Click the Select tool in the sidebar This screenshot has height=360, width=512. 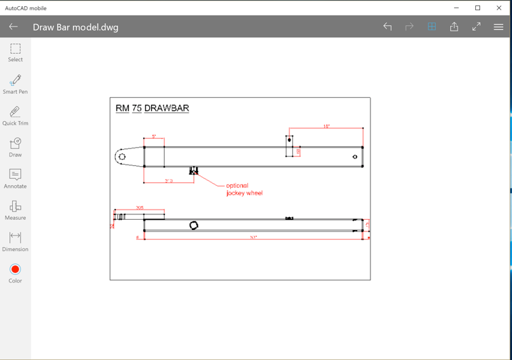tap(15, 52)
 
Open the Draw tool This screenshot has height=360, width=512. tap(15, 146)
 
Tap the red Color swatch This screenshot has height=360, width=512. tap(15, 269)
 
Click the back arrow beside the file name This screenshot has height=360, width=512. tap(14, 27)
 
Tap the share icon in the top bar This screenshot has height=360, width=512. tap(454, 27)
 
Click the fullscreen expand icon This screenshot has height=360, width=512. tap(477, 27)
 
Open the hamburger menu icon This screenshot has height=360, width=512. tap(498, 27)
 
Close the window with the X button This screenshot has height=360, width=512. tap(499, 8)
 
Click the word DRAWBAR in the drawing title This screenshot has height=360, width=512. tap(167, 108)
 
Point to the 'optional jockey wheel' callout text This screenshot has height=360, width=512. tap(244, 189)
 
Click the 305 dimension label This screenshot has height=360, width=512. tap(140, 208)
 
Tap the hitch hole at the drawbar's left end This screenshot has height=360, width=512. tap(122, 157)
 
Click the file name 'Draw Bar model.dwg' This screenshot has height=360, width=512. tap(76, 27)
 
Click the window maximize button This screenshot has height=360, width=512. tap(478, 8)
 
